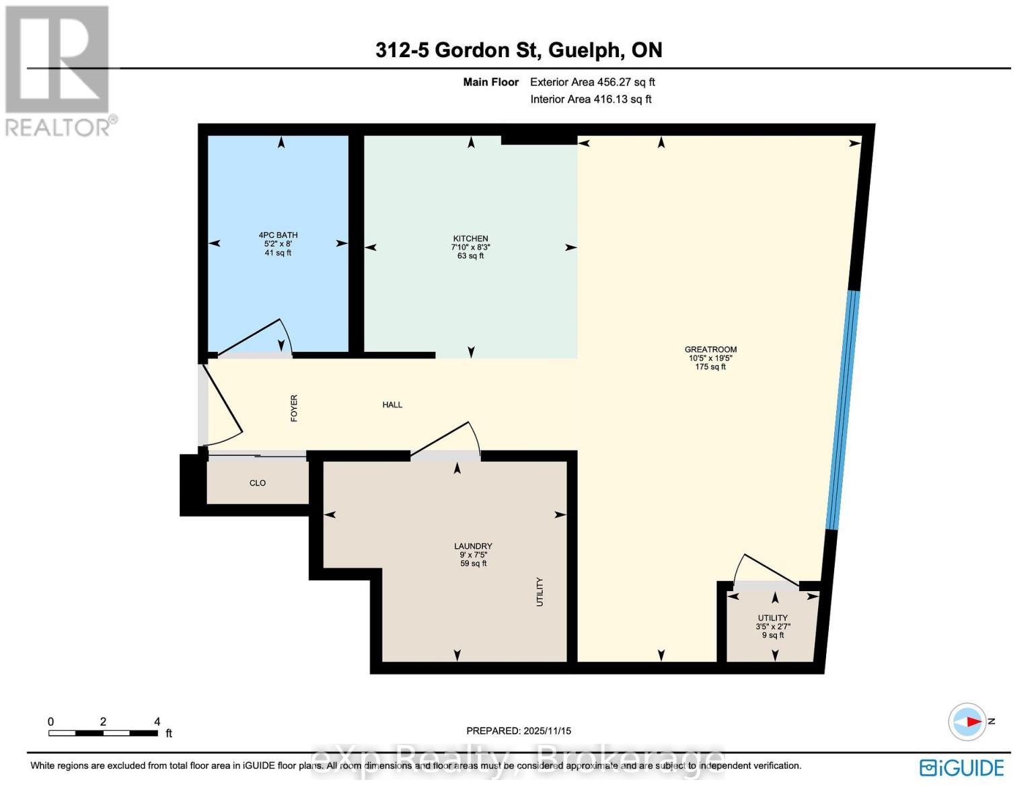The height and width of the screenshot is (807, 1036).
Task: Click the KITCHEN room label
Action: tap(470, 239)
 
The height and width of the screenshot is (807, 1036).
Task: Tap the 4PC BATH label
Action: tap(278, 235)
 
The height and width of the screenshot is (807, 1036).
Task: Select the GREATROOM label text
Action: tap(710, 350)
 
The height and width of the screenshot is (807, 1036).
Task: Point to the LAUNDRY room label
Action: tap(473, 546)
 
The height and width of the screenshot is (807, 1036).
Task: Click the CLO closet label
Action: tap(258, 483)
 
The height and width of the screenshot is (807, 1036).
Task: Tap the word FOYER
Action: tap(294, 408)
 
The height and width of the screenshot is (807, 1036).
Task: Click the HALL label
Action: tap(392, 405)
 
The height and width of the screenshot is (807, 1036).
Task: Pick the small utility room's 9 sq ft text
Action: tap(772, 636)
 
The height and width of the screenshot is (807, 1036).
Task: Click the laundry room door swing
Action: tap(447, 440)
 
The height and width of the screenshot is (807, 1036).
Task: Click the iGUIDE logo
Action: tap(961, 767)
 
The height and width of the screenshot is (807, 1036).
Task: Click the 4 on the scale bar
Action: tap(157, 722)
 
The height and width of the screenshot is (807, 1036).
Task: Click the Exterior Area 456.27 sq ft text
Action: tap(592, 82)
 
